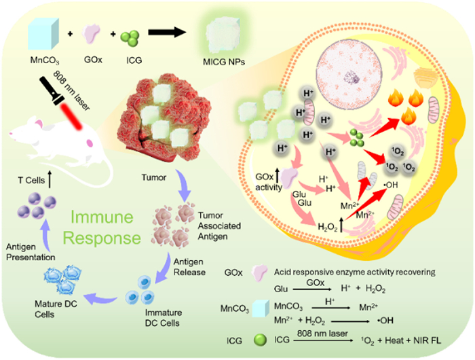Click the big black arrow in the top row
click(167, 32)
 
